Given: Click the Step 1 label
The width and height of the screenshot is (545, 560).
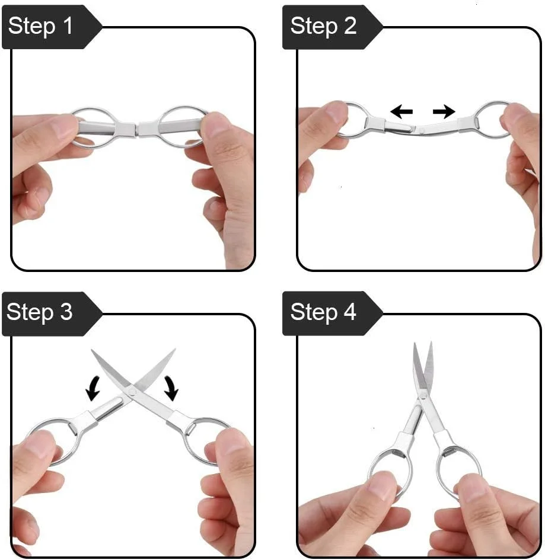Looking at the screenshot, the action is coord(40,26).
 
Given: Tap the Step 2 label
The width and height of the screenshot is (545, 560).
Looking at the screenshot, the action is coord(323,26).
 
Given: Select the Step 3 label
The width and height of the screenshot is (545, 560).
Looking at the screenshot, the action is coord(39,312).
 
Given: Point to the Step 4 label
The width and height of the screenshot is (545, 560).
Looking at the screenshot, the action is coord(323,312).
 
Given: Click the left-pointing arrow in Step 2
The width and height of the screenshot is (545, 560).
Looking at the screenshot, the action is coord(401,111).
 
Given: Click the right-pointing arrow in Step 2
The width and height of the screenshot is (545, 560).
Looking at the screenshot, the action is coord(444,111).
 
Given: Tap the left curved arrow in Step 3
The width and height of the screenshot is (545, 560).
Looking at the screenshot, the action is coord(93,388).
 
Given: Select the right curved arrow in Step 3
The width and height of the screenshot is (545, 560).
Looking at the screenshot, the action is coord(171,388).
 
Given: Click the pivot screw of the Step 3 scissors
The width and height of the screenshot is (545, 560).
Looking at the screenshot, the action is coord(132,392).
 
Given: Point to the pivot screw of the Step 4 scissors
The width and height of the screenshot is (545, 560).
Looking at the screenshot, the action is coord(423,395).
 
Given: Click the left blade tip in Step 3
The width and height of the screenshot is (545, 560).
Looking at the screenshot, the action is coord(92,350).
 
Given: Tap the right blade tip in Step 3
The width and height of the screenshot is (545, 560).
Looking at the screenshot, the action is coord(175,349).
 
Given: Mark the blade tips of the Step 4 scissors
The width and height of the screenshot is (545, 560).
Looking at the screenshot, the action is coord(423,344).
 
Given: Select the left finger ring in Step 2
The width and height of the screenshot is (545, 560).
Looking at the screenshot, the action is coord(352,120).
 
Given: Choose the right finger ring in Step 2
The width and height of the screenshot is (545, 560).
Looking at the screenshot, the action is coord(493,119).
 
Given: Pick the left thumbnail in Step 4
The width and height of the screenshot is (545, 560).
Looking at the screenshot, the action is coord(382,485).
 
